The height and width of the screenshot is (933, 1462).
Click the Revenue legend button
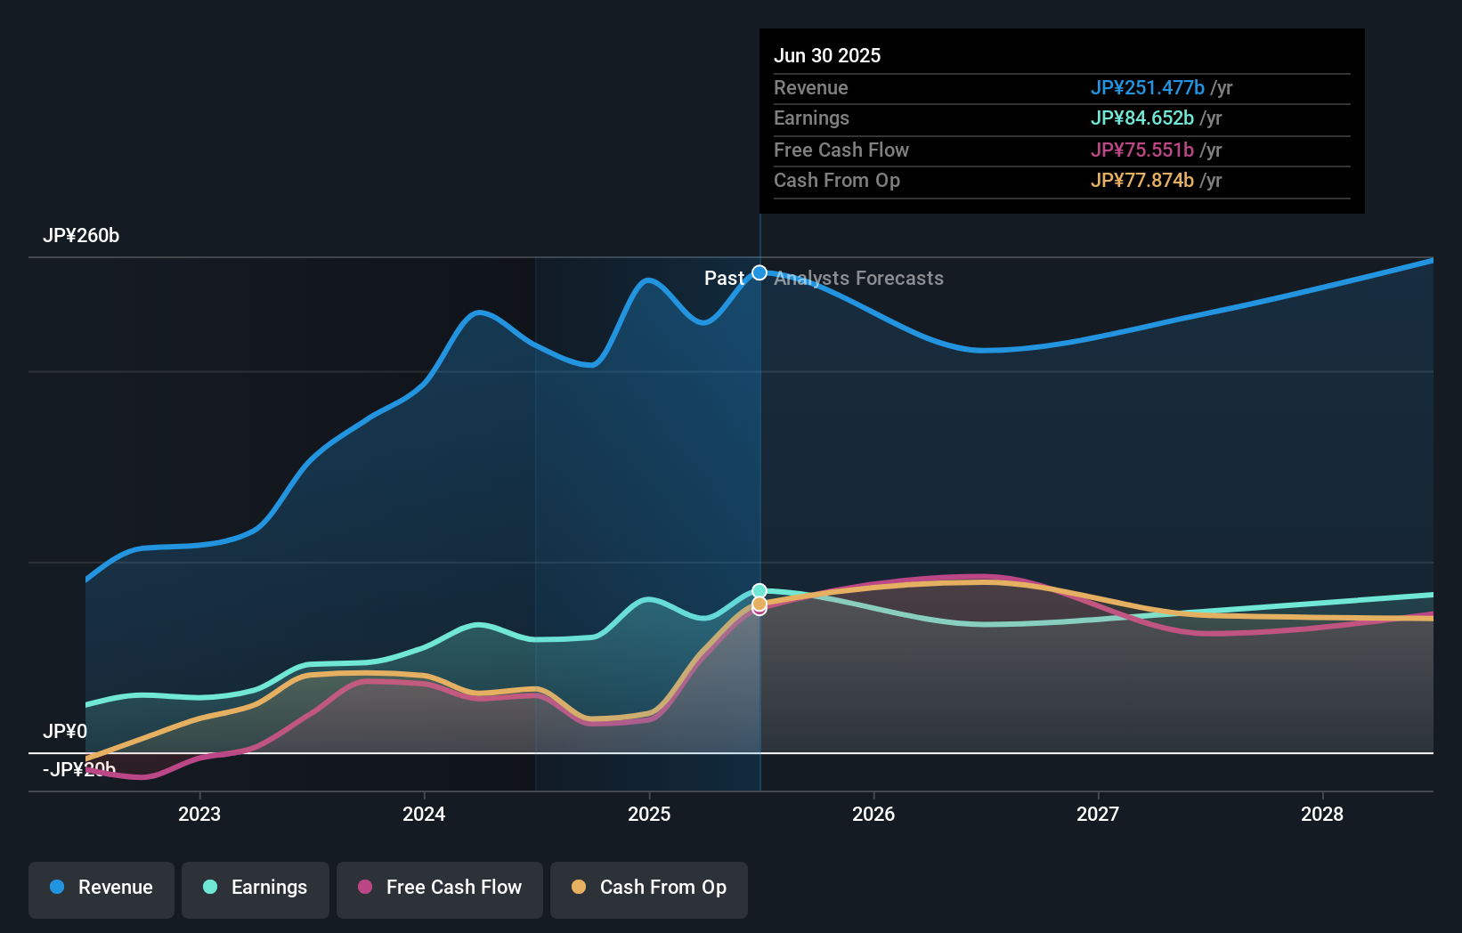pos(102,888)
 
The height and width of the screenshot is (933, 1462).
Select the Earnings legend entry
pos(256,888)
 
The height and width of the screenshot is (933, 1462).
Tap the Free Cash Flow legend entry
pos(440,888)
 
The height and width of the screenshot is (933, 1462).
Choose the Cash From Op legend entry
pos(649,888)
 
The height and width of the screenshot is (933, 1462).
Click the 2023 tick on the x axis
pos(199,815)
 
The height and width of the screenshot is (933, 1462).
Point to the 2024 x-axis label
pos(424,815)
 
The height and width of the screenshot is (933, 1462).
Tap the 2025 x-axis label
pos(649,815)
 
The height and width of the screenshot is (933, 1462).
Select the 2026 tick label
pos(873,815)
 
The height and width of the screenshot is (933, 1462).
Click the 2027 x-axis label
pos(1098,815)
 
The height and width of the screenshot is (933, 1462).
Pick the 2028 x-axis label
pos(1322,815)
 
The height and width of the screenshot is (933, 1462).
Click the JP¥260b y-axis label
pos(81,236)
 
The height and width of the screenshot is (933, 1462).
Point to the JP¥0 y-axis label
pos(65,732)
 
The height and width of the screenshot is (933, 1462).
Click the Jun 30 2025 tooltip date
pos(827,56)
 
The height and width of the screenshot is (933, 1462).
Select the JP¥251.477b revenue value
pos(1147,88)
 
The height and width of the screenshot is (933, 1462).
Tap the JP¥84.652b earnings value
pos(1141,118)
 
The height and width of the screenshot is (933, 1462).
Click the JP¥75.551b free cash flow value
pos(1141,150)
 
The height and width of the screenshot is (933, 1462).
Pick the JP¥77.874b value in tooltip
pos(1141,181)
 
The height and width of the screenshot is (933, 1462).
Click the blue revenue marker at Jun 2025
pos(759,272)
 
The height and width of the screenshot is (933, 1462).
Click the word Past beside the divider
pos(724,279)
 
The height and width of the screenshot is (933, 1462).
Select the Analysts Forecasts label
pos(858,279)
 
